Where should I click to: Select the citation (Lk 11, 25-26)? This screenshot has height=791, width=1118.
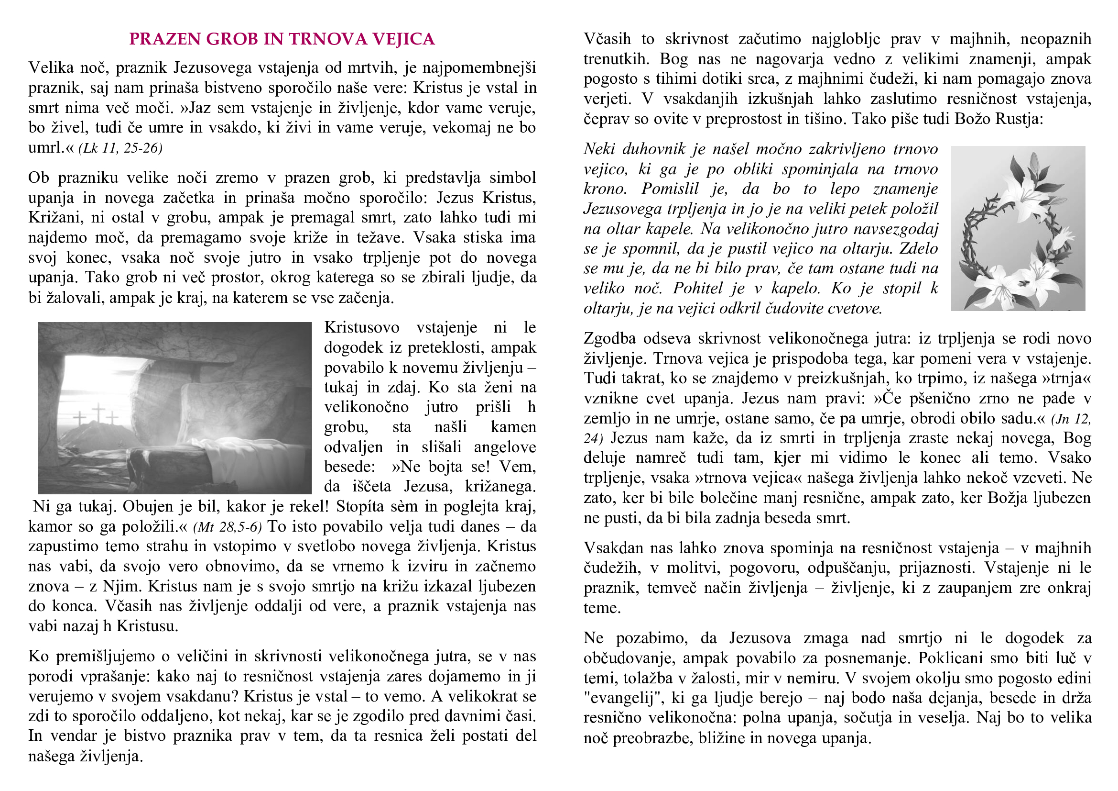point(120,148)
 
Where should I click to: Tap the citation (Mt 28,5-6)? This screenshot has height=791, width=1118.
point(228,527)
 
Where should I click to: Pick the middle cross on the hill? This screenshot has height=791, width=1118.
point(99,412)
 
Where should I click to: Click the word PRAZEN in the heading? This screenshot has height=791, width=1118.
point(164,39)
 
